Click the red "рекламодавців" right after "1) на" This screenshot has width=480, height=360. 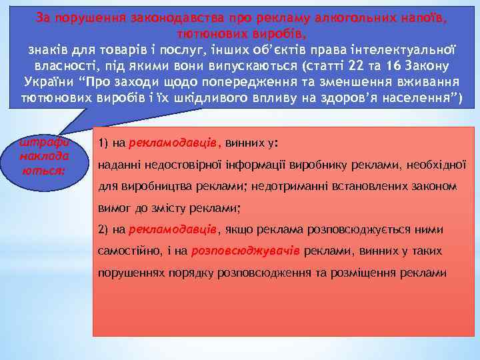pos(173,142)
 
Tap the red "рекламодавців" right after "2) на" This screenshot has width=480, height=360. pos(173,229)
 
